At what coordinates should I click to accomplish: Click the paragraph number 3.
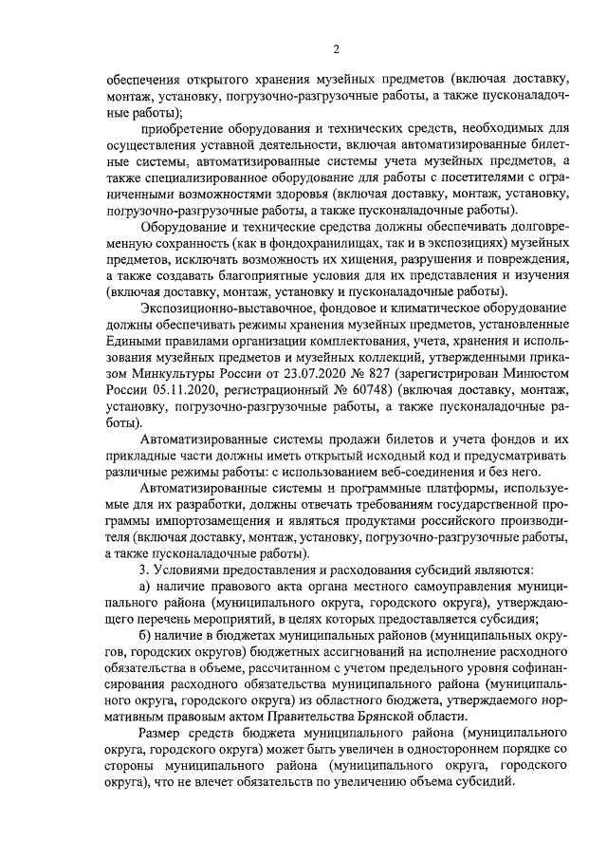[143, 570]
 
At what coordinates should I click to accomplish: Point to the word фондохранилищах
[320, 244]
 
